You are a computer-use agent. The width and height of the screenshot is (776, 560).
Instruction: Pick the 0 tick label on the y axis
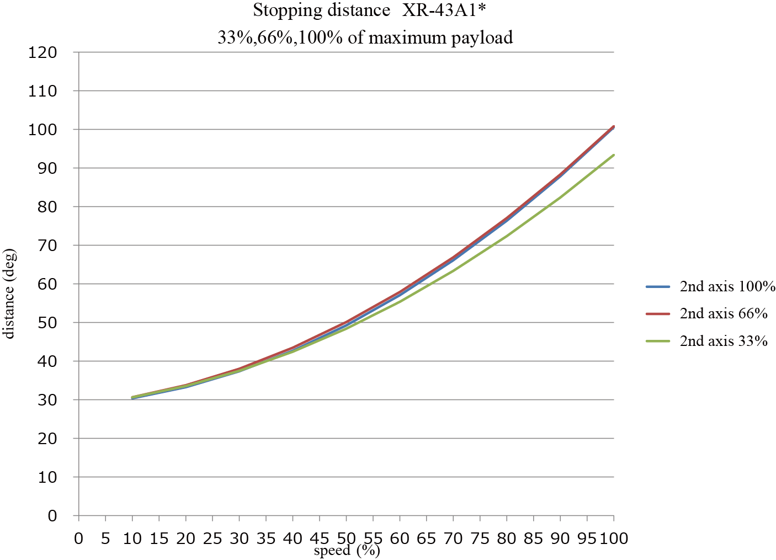point(52,516)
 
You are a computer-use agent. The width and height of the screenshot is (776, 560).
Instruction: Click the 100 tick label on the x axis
point(614,538)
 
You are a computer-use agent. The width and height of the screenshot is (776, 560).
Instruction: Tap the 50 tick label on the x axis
point(346,538)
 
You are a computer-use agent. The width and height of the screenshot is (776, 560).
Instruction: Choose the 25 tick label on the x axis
point(212,538)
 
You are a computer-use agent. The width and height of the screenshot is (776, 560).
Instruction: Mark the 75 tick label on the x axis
point(480,538)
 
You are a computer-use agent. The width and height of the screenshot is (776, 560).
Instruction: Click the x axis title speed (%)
point(347,551)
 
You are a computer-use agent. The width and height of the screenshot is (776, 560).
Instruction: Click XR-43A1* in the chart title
point(444,10)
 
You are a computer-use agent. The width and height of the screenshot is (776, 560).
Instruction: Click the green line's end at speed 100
point(614,155)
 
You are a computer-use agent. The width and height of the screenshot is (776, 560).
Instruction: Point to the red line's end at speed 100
point(614,126)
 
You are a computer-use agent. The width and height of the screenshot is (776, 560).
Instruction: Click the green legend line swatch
point(658,342)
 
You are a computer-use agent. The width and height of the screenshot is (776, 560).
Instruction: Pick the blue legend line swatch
point(658,287)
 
